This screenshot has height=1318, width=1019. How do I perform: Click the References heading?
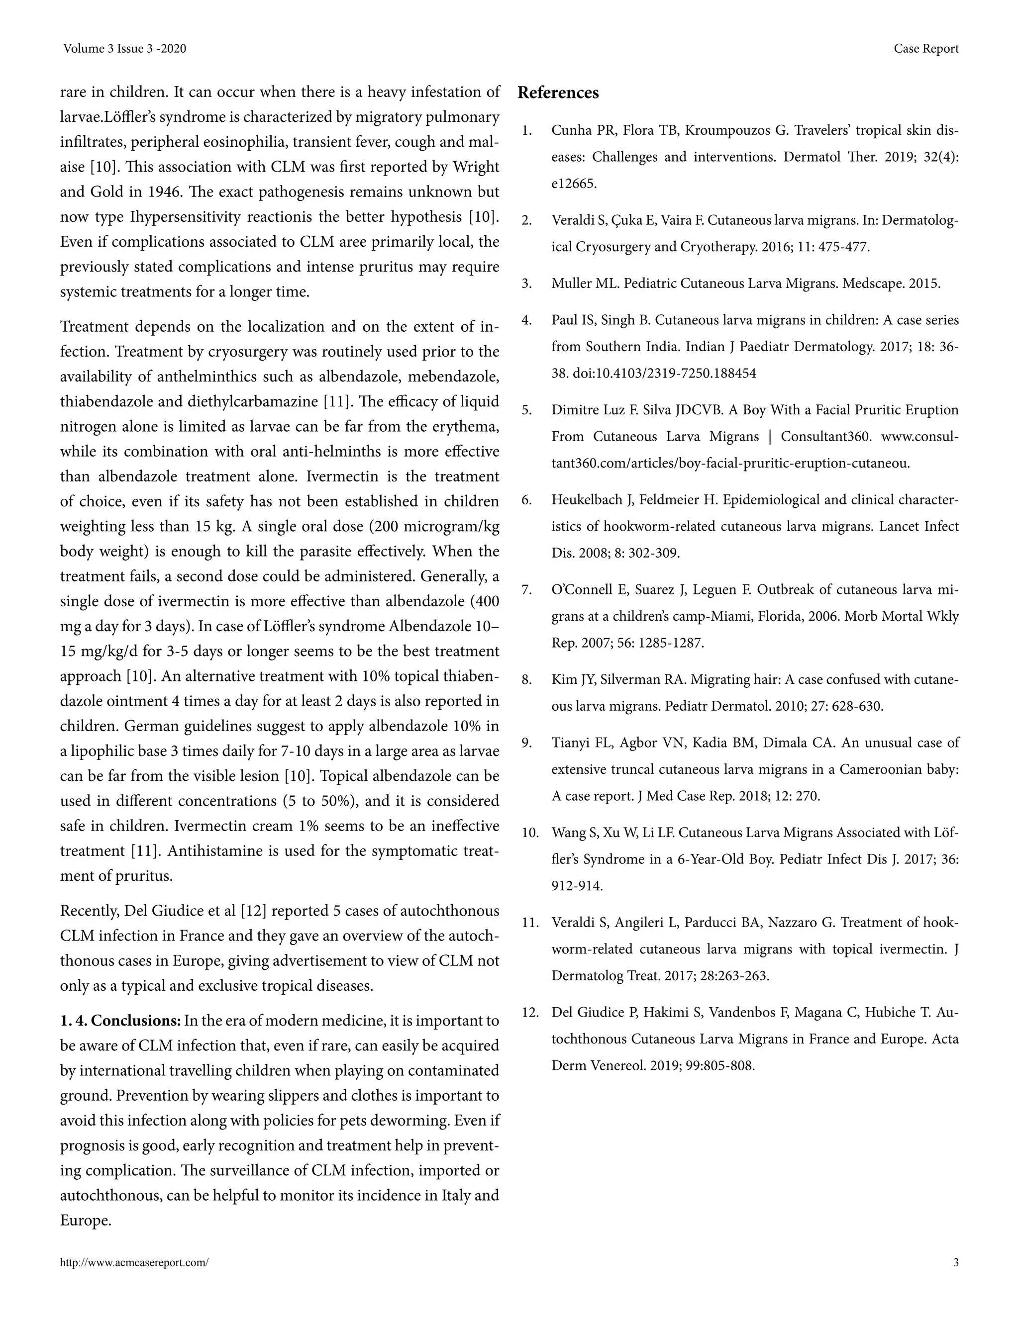click(x=558, y=93)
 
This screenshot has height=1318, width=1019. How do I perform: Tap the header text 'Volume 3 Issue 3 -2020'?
click(x=124, y=49)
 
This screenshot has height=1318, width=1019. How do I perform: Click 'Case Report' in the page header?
click(x=926, y=49)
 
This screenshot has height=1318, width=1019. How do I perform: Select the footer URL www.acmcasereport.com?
click(x=134, y=1262)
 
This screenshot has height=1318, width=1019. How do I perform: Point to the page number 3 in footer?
click(x=956, y=1262)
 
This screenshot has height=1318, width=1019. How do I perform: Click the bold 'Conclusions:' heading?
click(x=136, y=1021)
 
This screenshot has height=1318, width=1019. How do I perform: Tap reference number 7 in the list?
click(x=526, y=589)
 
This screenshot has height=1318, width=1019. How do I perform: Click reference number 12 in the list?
click(x=529, y=1012)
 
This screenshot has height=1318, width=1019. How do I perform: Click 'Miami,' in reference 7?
click(x=719, y=616)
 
